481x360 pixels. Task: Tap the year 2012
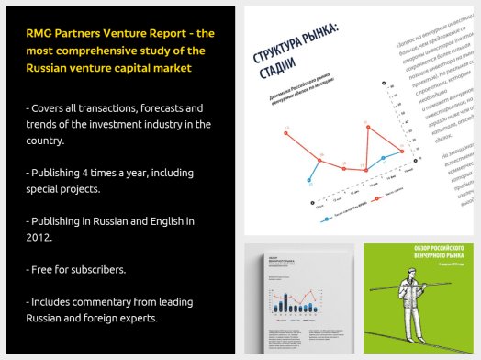tap(40, 238)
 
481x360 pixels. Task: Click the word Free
tap(45, 270)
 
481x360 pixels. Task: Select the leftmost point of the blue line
tap(312, 176)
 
